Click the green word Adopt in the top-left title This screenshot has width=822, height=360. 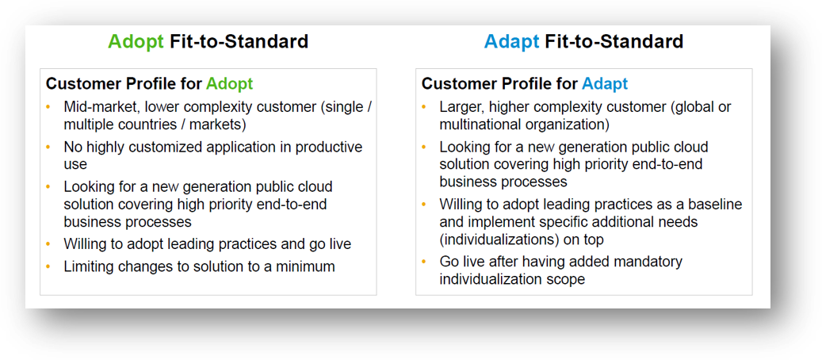(x=136, y=41)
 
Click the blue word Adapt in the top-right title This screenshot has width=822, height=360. (x=511, y=41)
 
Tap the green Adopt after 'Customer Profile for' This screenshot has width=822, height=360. (x=229, y=84)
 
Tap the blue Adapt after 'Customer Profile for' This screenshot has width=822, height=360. (x=605, y=84)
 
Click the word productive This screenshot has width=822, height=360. (x=329, y=147)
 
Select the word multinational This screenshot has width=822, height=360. (x=476, y=125)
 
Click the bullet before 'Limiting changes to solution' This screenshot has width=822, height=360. (x=48, y=266)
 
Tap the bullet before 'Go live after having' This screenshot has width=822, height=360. (x=423, y=262)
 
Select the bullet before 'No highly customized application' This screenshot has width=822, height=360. (x=48, y=147)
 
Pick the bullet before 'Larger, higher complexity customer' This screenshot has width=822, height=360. (x=423, y=108)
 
